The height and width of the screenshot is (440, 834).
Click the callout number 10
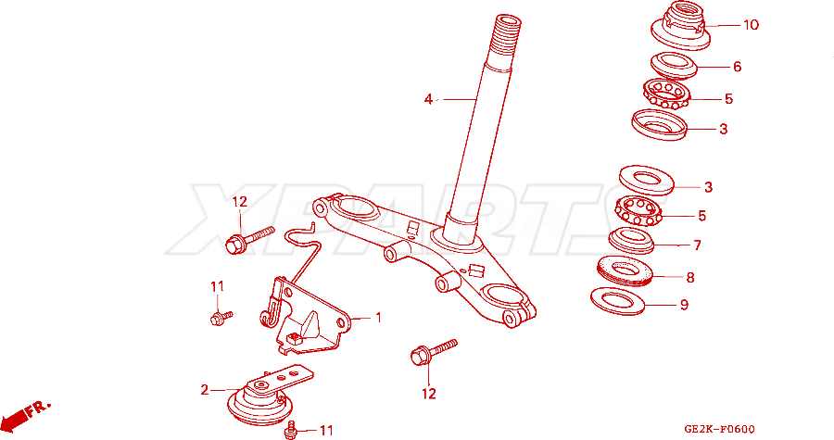click(751, 25)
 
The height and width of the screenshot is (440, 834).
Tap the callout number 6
click(738, 67)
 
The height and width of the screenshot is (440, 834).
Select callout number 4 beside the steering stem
click(428, 99)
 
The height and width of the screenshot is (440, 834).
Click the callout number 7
click(697, 245)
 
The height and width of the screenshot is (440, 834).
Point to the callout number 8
click(689, 277)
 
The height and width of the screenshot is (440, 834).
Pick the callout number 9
click(684, 305)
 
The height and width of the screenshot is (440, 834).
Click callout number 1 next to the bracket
click(378, 318)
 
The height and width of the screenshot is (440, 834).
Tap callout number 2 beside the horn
click(205, 390)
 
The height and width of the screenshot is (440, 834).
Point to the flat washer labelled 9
click(617, 301)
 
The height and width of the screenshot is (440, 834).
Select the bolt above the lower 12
click(434, 351)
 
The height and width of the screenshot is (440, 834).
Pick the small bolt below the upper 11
click(221, 318)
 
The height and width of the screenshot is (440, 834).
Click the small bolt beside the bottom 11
click(291, 430)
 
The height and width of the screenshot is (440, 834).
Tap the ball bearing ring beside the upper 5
click(666, 94)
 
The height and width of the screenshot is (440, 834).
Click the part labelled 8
click(625, 271)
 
